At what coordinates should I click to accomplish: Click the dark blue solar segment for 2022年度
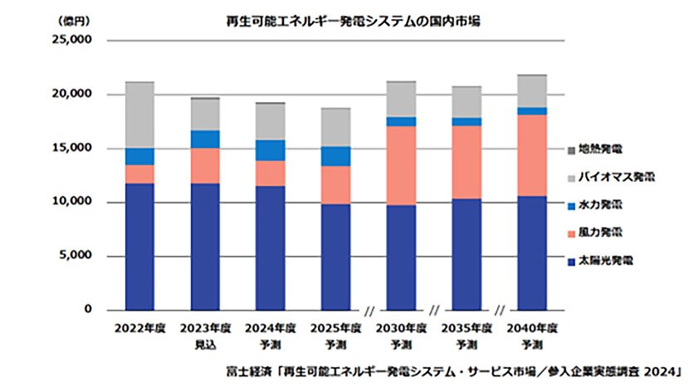tap(139, 247)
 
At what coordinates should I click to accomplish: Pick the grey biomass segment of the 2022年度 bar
tap(139, 115)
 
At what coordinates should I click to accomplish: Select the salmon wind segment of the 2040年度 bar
tap(532, 155)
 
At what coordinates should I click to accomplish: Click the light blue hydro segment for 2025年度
tap(336, 156)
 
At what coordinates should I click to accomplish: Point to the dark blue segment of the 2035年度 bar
tap(467, 254)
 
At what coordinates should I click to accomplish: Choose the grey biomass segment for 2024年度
tap(271, 121)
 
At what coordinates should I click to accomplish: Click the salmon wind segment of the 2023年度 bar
tap(205, 165)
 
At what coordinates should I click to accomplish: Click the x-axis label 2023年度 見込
tap(205, 335)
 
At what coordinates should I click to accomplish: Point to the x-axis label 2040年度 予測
tap(532, 335)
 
